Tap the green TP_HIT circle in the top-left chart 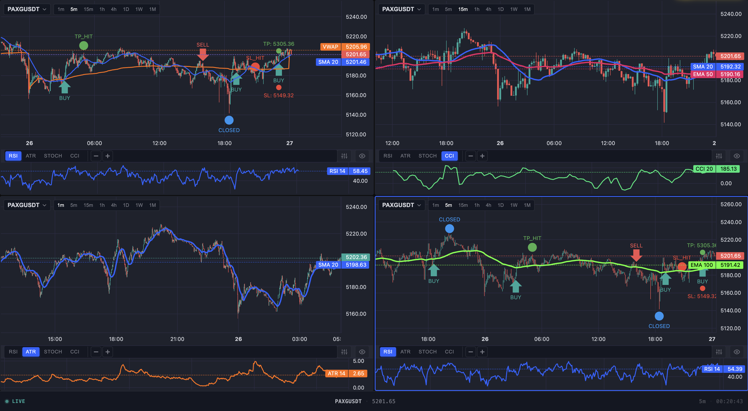pyautogui.click(x=84, y=46)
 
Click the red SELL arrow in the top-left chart pyautogui.click(x=203, y=54)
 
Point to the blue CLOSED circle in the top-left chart pyautogui.click(x=229, y=120)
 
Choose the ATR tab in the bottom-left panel pyautogui.click(x=31, y=352)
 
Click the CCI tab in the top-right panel pyautogui.click(x=449, y=156)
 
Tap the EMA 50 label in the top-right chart pyautogui.click(x=703, y=74)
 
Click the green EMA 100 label pyautogui.click(x=702, y=265)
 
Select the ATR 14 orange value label pyautogui.click(x=336, y=373)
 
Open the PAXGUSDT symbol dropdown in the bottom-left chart pyautogui.click(x=27, y=205)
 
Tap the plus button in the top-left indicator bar pyautogui.click(x=108, y=156)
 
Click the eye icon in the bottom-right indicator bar pyautogui.click(x=737, y=352)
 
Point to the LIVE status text pyautogui.click(x=18, y=401)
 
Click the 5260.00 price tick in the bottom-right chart pyautogui.click(x=731, y=204)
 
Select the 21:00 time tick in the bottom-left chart pyautogui.click(x=177, y=339)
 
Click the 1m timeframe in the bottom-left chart pyautogui.click(x=61, y=205)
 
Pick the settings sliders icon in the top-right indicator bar pyautogui.click(x=719, y=156)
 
